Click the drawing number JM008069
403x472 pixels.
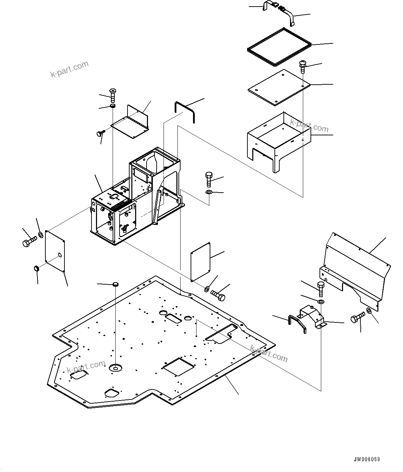pos(367,459)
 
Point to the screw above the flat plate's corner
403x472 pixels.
pos(303,66)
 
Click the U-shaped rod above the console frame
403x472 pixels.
pos(185,111)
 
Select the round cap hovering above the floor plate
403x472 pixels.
pos(116,285)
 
